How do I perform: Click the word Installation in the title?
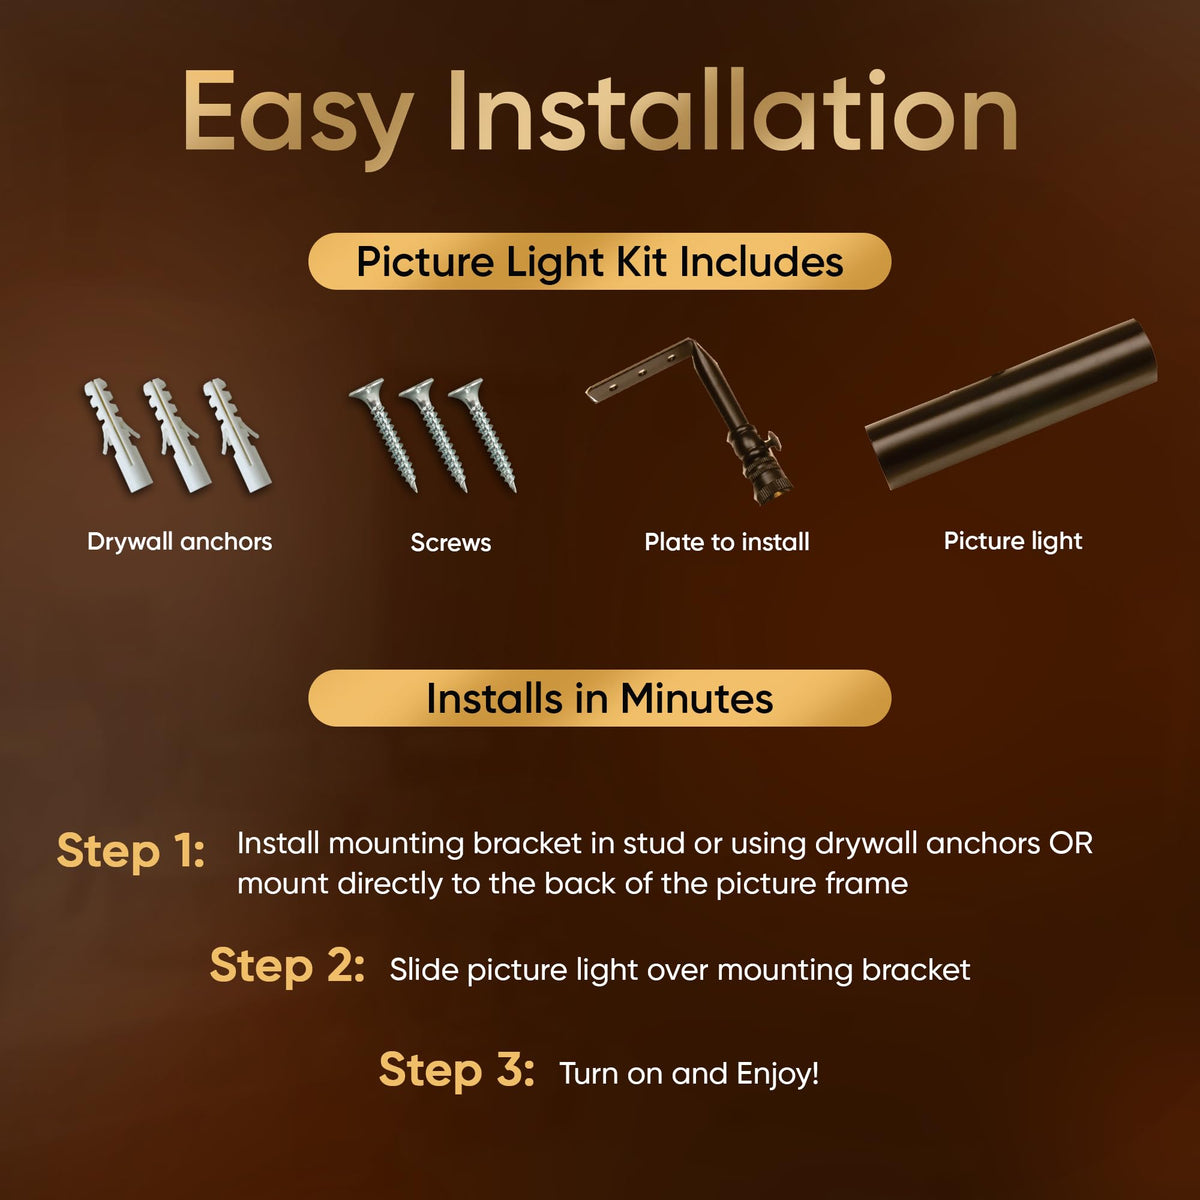click(x=732, y=109)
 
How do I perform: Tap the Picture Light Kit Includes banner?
click(x=600, y=262)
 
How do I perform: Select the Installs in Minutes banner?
click(x=600, y=698)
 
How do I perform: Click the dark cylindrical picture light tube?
click(x=1011, y=404)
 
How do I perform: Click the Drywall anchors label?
click(x=179, y=542)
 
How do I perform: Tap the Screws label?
click(x=451, y=542)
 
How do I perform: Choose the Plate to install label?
click(x=727, y=542)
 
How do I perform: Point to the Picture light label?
click(x=1013, y=541)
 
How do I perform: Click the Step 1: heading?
click(x=131, y=851)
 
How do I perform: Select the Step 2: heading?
click(x=287, y=966)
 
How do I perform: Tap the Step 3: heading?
click(x=456, y=1070)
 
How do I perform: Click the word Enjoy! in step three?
click(x=778, y=1075)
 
